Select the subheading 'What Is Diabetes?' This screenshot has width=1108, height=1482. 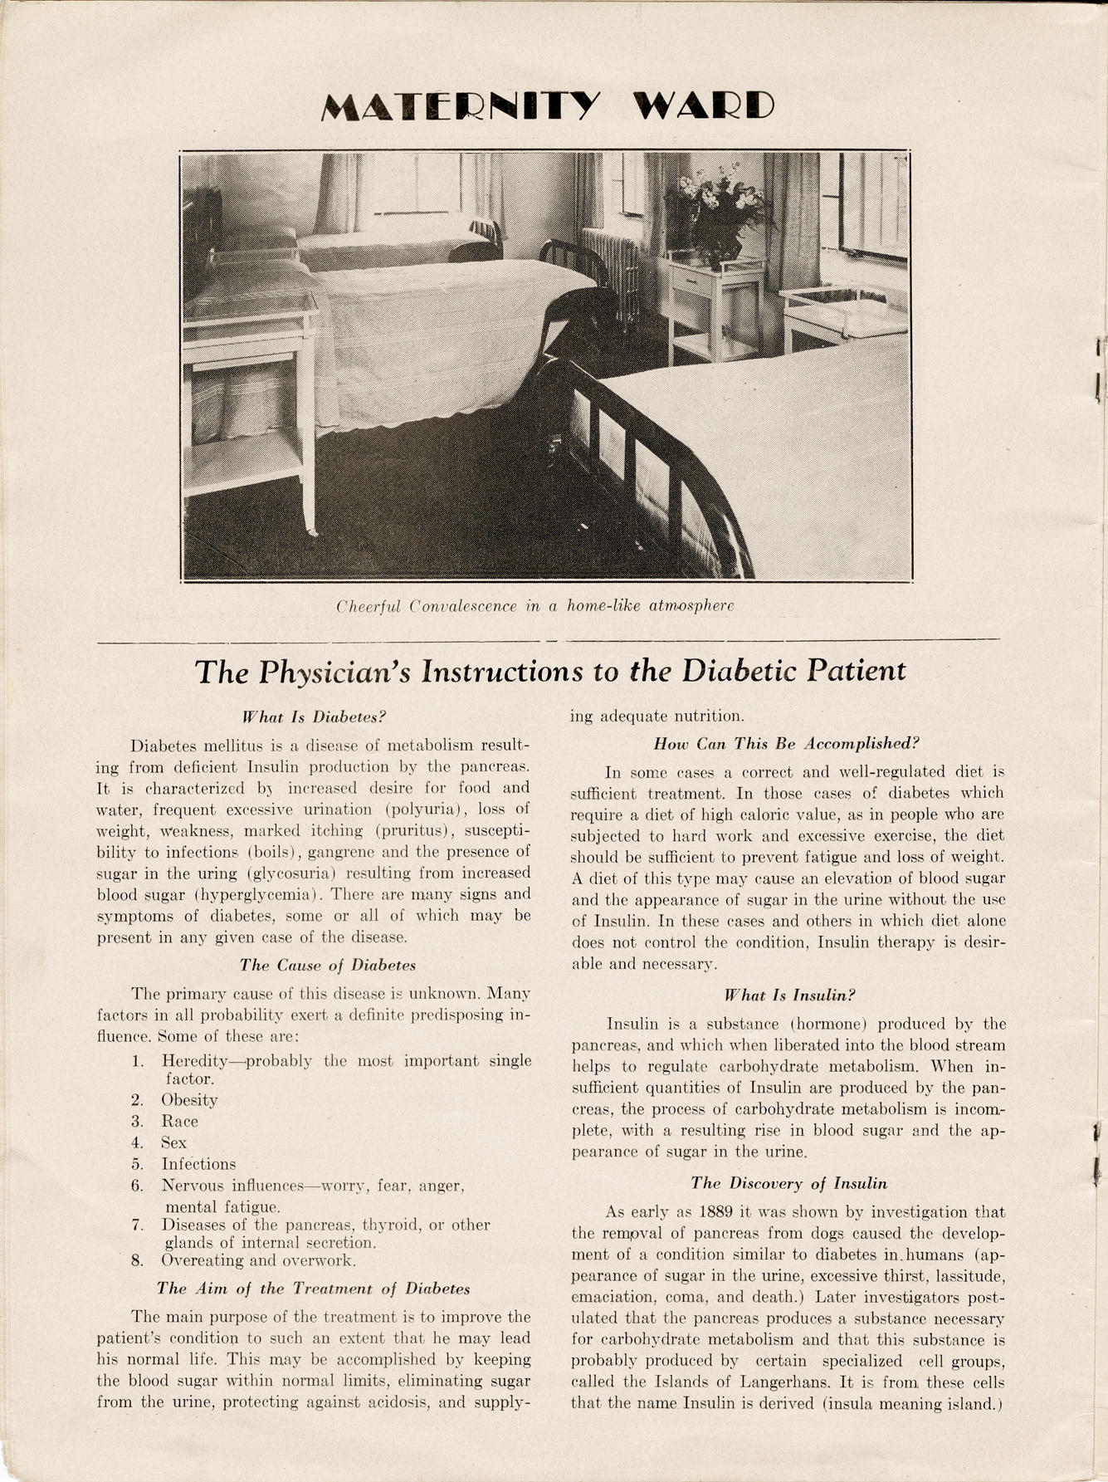point(315,717)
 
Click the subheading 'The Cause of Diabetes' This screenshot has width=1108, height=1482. point(328,966)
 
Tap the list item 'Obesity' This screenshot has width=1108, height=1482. point(189,1100)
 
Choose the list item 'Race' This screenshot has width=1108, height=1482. point(180,1122)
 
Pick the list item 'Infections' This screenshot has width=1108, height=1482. point(198,1164)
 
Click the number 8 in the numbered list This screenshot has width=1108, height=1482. point(137,1260)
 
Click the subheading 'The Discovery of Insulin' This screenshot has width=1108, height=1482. point(789,1183)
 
